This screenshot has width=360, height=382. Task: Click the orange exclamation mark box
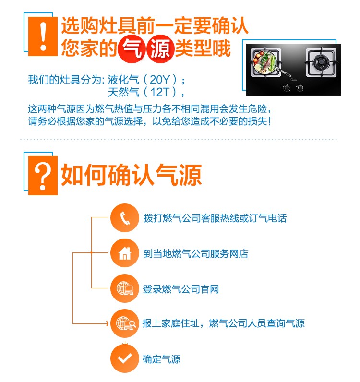point(43,36)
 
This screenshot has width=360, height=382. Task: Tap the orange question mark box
point(43,176)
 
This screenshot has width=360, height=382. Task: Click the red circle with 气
point(132,49)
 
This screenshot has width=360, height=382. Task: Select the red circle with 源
point(160,49)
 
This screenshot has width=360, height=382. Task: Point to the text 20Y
point(160,79)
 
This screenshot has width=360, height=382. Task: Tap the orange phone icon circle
point(124,218)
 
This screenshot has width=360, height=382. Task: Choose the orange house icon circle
point(124,253)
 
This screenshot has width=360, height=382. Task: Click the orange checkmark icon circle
point(124,358)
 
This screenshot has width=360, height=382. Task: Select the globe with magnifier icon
point(126,323)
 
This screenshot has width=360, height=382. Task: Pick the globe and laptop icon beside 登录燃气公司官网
point(125,288)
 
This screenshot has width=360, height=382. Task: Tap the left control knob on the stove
point(287,87)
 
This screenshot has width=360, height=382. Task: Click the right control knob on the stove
point(300,87)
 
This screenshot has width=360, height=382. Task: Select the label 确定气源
point(162,359)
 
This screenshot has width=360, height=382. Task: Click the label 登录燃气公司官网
point(181,289)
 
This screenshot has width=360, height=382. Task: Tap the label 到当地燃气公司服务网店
point(196,253)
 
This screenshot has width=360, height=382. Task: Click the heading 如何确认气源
point(132,175)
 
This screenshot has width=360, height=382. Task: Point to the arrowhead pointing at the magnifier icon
point(107,323)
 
